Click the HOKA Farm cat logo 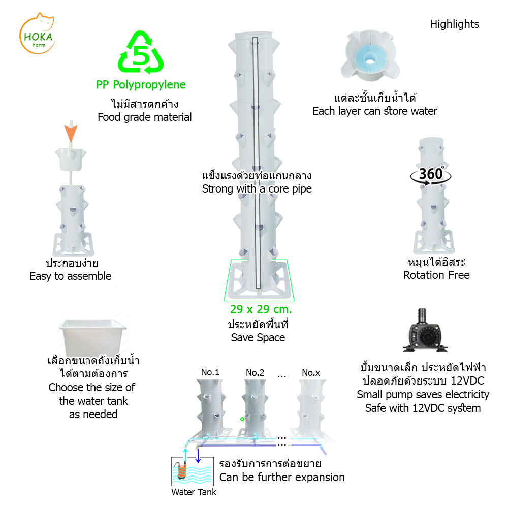tap(37, 34)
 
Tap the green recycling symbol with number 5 tap(141, 52)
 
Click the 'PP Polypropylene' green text tap(141, 85)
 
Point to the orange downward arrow tap(71, 133)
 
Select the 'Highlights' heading tap(454, 24)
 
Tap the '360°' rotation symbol tap(431, 175)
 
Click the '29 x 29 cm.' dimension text tap(261, 309)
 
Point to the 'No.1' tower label tap(210, 372)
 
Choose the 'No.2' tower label tap(255, 373)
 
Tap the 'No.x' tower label tap(311, 373)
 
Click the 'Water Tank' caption tap(194, 492)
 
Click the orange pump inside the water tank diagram tap(181, 471)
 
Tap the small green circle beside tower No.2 tap(242, 419)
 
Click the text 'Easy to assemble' tap(70, 276)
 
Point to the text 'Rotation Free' tap(436, 275)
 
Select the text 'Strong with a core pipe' tap(257, 189)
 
